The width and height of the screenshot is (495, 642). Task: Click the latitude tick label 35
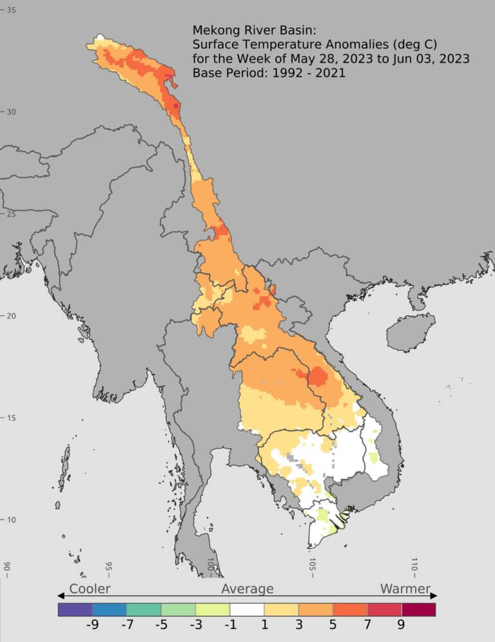tap(12, 10)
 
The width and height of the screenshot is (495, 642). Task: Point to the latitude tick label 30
tap(12, 112)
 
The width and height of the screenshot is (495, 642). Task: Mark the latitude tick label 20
tap(12, 315)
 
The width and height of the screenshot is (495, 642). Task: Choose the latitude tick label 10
tap(12, 520)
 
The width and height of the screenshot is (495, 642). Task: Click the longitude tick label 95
tap(108, 567)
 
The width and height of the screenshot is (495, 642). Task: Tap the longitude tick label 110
tap(414, 567)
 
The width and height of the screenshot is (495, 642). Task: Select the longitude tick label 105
tap(313, 567)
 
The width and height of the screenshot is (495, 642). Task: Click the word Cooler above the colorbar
tap(90, 588)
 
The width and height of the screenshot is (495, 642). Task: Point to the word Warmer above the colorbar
tap(405, 588)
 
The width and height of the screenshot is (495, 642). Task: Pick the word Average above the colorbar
tap(247, 588)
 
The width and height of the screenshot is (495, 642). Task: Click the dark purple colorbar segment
tap(75, 609)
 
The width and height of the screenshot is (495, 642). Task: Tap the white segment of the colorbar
tap(247, 609)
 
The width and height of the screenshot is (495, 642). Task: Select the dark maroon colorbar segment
tap(418, 609)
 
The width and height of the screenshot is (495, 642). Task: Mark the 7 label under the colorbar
tap(367, 626)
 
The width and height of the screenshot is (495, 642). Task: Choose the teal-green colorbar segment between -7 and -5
tap(144, 609)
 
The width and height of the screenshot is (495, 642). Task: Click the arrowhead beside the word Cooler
tap(61, 595)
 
